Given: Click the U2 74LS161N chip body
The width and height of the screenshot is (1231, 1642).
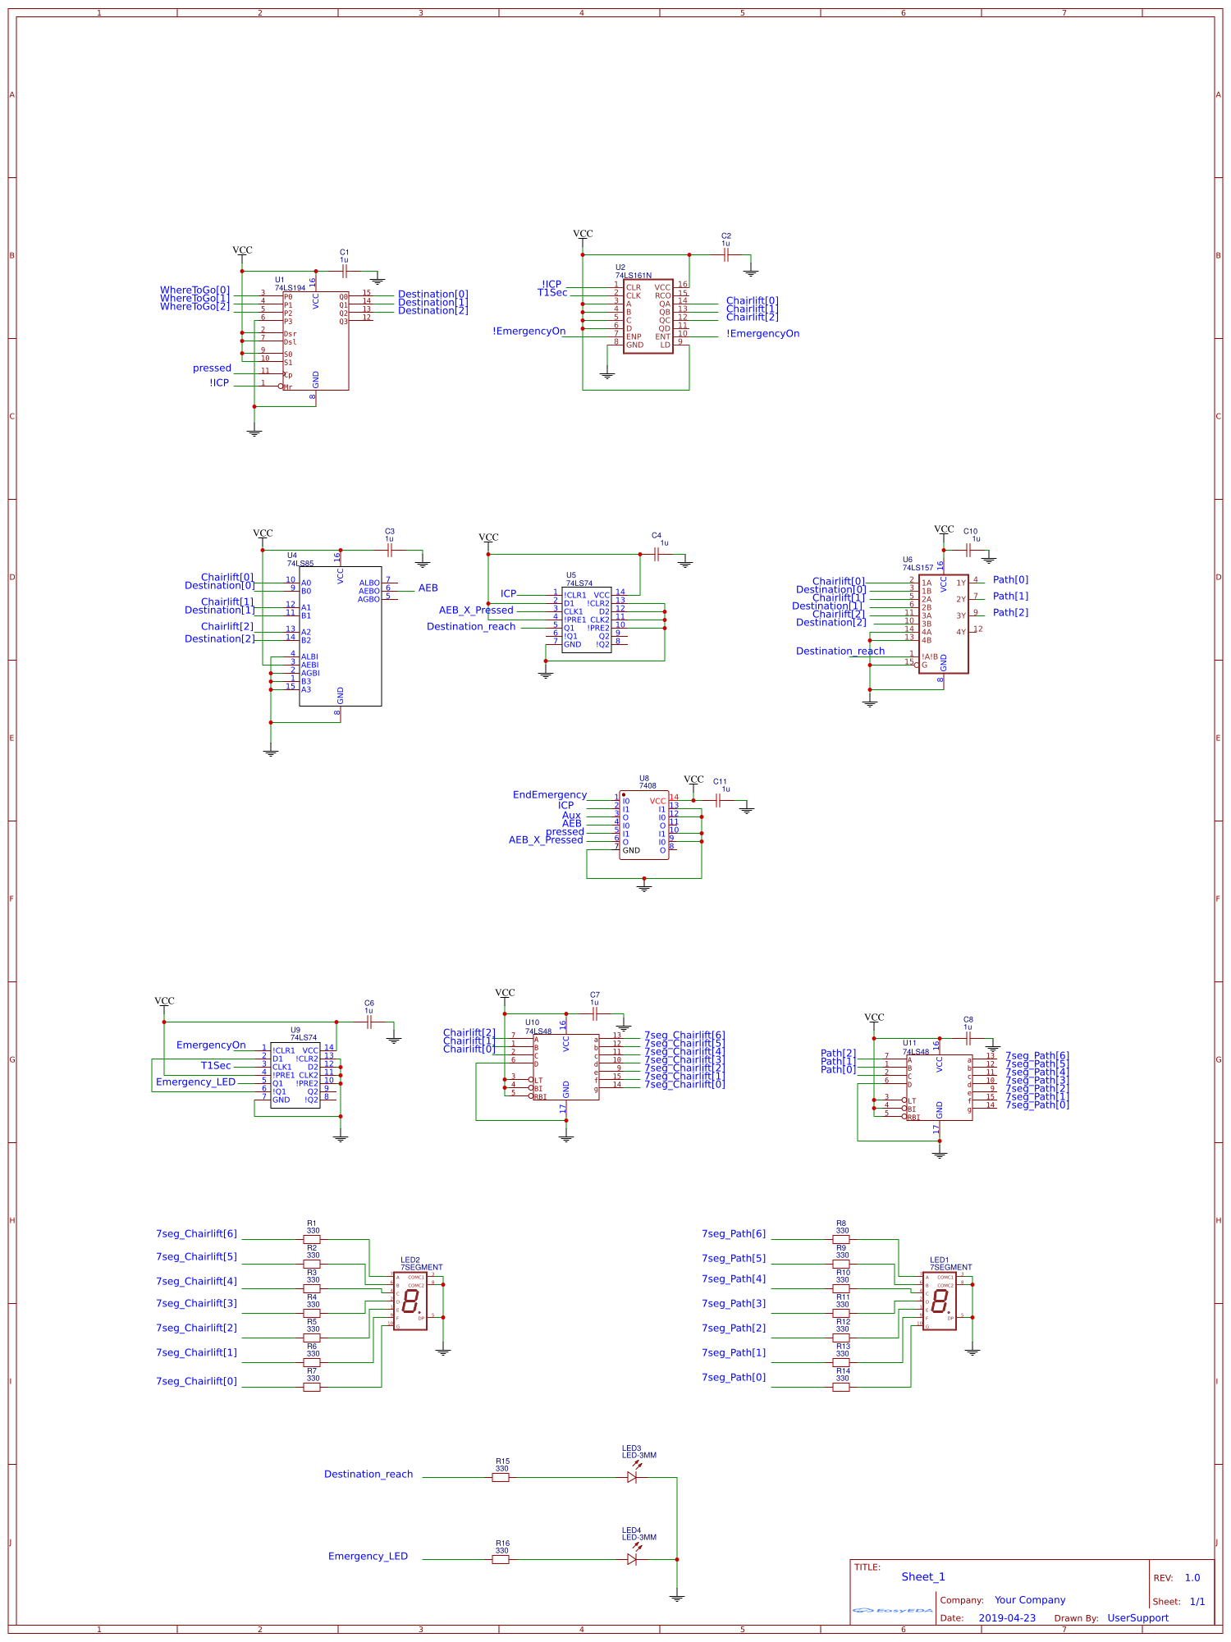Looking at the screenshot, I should (x=648, y=316).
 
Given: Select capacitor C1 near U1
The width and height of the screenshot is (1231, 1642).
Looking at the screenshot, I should (x=345, y=271).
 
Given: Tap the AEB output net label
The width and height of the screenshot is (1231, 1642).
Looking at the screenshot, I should (x=428, y=588).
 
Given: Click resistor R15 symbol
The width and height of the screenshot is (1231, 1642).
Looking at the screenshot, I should (x=501, y=1477).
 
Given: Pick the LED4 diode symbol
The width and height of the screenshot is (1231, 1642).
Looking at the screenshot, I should (x=632, y=1559).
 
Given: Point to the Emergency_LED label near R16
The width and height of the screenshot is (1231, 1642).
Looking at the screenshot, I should (x=368, y=1556).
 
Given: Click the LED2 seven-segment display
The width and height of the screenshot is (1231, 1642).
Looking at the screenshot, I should (x=410, y=1301).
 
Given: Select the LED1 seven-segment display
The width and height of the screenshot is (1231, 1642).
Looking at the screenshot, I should (x=940, y=1301).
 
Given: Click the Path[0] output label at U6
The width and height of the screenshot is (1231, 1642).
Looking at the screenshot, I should (x=1010, y=580).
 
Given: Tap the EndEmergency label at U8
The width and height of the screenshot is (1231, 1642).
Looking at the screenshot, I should (x=550, y=795).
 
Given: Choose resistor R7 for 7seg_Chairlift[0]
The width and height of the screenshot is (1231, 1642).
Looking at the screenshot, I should (x=312, y=1387).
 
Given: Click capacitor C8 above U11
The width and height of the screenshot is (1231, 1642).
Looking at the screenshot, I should (x=968, y=1038).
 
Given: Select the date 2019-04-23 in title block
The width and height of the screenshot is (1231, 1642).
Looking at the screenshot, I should (x=1007, y=1618).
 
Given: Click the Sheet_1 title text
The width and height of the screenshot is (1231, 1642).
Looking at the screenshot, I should (x=923, y=1576).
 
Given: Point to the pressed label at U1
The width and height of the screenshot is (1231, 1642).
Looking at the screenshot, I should (x=212, y=368).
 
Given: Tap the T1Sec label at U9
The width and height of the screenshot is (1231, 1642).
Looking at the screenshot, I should (x=216, y=1066).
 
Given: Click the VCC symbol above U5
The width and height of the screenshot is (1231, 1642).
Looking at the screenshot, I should (x=488, y=538).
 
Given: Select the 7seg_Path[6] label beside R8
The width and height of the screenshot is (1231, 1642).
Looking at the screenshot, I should (x=734, y=1233).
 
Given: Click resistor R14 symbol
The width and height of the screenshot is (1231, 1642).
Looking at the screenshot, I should (x=842, y=1387).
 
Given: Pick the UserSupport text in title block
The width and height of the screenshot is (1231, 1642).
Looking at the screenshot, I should (x=1137, y=1618).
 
